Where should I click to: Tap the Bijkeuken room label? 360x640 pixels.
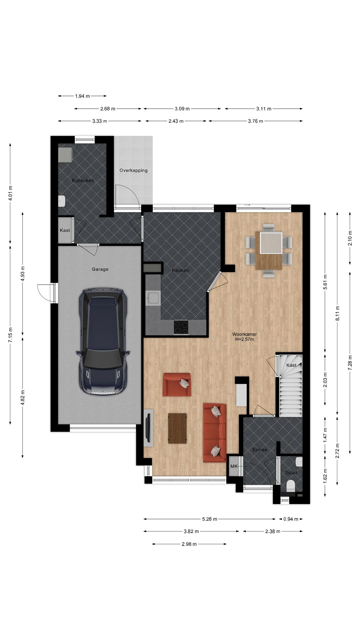tap(83, 180)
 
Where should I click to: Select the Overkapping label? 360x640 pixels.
tap(133, 170)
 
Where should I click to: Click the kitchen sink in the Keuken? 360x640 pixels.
tap(153, 298)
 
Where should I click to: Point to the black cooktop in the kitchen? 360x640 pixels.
tap(181, 327)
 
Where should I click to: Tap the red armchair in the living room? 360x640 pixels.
tap(177, 384)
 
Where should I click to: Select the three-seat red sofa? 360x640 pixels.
tap(215, 433)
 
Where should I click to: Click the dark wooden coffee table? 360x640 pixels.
tap(177, 428)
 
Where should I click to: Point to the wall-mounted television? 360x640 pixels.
tap(148, 428)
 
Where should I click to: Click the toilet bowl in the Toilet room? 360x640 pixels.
tap(291, 486)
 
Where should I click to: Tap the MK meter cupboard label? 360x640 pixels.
tap(234, 466)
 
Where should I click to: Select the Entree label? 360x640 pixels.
tap(260, 450)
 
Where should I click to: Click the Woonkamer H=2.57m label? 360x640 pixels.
tap(244, 337)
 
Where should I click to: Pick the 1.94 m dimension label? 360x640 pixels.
tap(82, 96)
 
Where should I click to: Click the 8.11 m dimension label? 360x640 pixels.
tap(337, 313)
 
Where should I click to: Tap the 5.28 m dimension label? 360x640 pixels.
tap(210, 519)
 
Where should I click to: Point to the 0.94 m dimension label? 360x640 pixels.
tap(291, 519)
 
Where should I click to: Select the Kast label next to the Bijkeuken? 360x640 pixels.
tap(65, 230)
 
